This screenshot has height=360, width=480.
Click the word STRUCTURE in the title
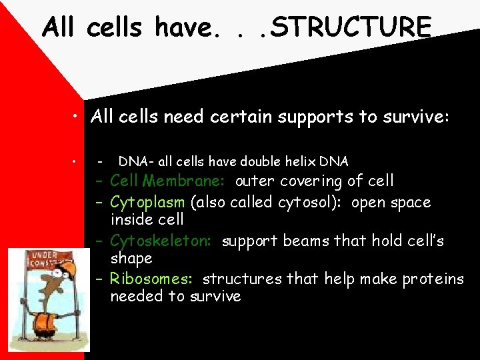point(353,27)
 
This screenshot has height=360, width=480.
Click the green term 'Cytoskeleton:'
point(163,241)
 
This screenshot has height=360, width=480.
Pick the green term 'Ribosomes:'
point(154,279)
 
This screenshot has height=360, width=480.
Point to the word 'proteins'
point(433,279)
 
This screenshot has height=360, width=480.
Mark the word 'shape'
point(131,259)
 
